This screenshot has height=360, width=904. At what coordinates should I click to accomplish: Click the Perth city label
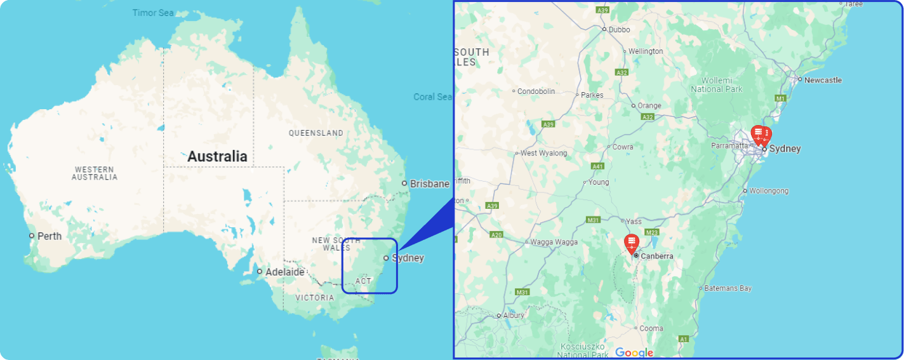click(50, 236)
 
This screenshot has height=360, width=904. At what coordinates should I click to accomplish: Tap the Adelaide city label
click(284, 272)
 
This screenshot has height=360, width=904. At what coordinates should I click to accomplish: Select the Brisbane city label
click(429, 184)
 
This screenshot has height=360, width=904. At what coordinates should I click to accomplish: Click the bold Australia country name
click(217, 156)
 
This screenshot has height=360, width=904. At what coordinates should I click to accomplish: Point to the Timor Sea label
click(152, 13)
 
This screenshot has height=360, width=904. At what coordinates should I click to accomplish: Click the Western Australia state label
click(95, 173)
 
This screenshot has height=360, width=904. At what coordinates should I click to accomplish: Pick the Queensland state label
click(316, 133)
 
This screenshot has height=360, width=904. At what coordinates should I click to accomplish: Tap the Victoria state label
click(314, 298)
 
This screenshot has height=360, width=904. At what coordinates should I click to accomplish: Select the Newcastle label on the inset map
click(823, 81)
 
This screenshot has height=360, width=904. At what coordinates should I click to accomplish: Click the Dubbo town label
click(619, 29)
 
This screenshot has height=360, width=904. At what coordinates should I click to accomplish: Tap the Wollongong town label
click(769, 191)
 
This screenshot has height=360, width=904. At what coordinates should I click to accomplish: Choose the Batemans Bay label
click(728, 288)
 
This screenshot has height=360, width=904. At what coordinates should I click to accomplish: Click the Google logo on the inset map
click(634, 353)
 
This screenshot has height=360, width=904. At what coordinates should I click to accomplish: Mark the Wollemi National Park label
click(717, 84)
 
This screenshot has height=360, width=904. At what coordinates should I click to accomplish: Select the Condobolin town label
click(536, 91)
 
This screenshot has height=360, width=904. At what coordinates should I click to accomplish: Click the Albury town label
click(514, 316)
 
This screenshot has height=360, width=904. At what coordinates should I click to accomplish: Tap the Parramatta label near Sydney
click(730, 146)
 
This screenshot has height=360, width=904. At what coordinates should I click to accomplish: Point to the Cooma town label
click(651, 329)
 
